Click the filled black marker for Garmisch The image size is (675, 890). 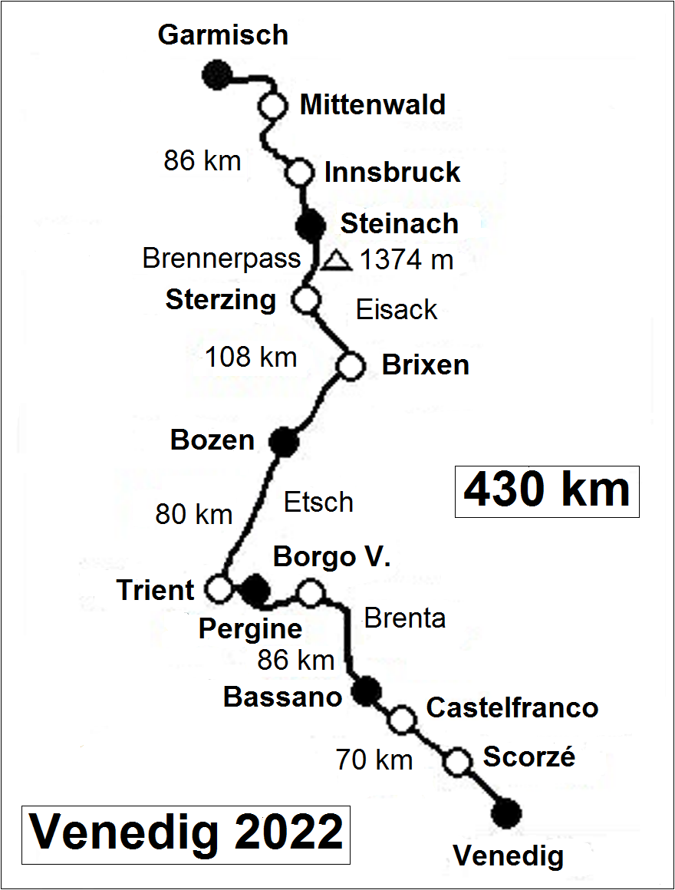217,74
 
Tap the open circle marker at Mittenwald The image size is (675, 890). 272,106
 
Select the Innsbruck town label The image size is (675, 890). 392,173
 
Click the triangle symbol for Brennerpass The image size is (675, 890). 335,261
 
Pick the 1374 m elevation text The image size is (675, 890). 407,261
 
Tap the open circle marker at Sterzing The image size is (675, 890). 306,300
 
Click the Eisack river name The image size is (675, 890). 397,310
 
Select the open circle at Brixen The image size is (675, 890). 351,366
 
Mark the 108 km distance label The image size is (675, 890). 251,357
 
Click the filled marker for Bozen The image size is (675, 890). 283,442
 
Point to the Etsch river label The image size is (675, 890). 318,503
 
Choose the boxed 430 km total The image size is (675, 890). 547,490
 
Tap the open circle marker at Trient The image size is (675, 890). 219,589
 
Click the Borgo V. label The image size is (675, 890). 332,557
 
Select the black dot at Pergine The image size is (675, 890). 254,589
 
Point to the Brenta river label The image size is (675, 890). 404,618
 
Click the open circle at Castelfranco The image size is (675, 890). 401,720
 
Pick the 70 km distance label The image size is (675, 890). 374,760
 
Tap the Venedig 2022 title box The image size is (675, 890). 186,834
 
